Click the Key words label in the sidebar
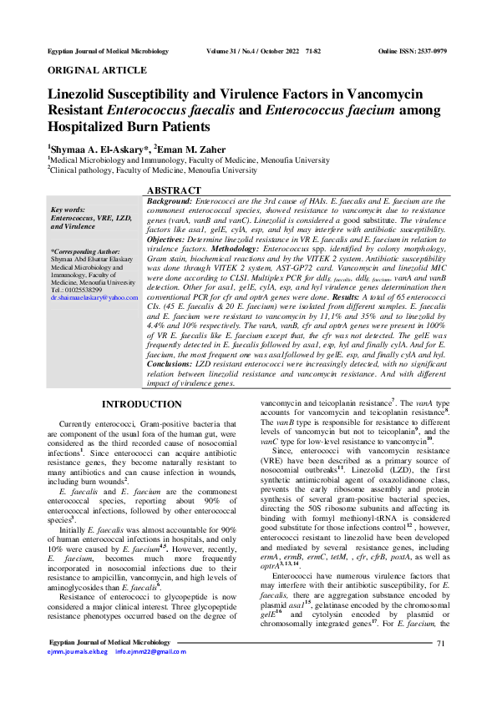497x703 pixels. pyautogui.click(x=68, y=210)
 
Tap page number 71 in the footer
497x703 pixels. pyautogui.click(x=442, y=665)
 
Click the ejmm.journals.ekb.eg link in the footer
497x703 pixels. pyautogui.click(x=79, y=675)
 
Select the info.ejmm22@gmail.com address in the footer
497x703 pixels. pyautogui.click(x=151, y=675)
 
